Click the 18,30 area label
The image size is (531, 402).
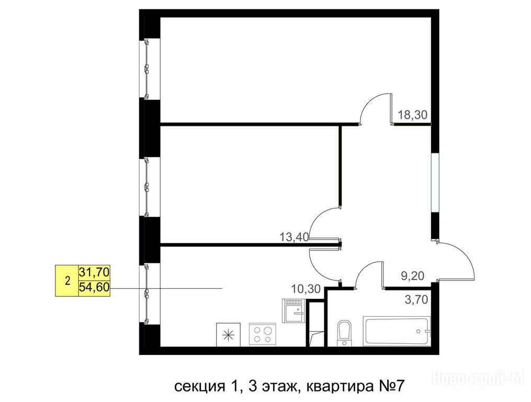(x=412, y=115)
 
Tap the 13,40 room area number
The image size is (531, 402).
(x=295, y=237)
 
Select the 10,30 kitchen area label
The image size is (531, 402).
(x=306, y=289)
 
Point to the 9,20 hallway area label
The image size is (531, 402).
(x=412, y=276)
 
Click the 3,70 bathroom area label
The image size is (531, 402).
(x=416, y=299)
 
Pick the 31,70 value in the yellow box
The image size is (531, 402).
(x=94, y=272)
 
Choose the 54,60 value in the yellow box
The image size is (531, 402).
(x=94, y=287)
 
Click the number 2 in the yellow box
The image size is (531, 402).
(x=67, y=281)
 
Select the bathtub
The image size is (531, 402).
(x=397, y=331)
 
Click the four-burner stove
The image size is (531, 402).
(x=263, y=334)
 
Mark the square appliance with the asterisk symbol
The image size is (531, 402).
(x=228, y=334)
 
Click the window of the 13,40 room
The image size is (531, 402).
(x=146, y=187)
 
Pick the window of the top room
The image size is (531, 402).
(x=146, y=69)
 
